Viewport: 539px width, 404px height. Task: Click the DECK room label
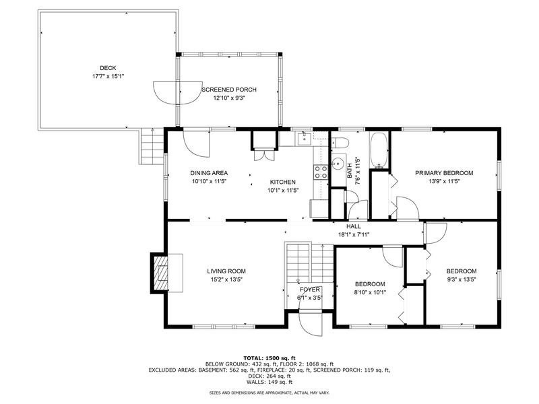(108, 68)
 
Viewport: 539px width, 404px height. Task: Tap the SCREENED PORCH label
(229, 90)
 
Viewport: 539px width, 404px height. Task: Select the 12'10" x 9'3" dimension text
(229, 98)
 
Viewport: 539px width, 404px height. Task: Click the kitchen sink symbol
(305, 139)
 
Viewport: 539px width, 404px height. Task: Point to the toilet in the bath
(340, 142)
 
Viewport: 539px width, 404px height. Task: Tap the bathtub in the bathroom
(379, 150)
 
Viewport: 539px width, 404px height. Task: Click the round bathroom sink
(339, 164)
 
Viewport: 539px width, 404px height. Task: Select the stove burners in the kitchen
(321, 172)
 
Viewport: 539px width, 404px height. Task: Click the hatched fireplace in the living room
(160, 273)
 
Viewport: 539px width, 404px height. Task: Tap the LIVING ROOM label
(226, 271)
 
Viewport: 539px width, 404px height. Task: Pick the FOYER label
(310, 290)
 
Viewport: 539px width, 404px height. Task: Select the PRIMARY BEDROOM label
(444, 173)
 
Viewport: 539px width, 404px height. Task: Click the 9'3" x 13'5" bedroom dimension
(462, 279)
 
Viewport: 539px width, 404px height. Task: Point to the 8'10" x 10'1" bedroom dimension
(370, 293)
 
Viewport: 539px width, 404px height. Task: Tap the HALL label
(353, 227)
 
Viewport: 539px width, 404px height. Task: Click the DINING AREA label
(209, 173)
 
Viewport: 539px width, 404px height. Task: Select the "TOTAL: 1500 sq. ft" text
(269, 358)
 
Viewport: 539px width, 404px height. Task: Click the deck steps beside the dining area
(152, 146)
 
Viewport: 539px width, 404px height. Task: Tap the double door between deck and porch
(178, 93)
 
